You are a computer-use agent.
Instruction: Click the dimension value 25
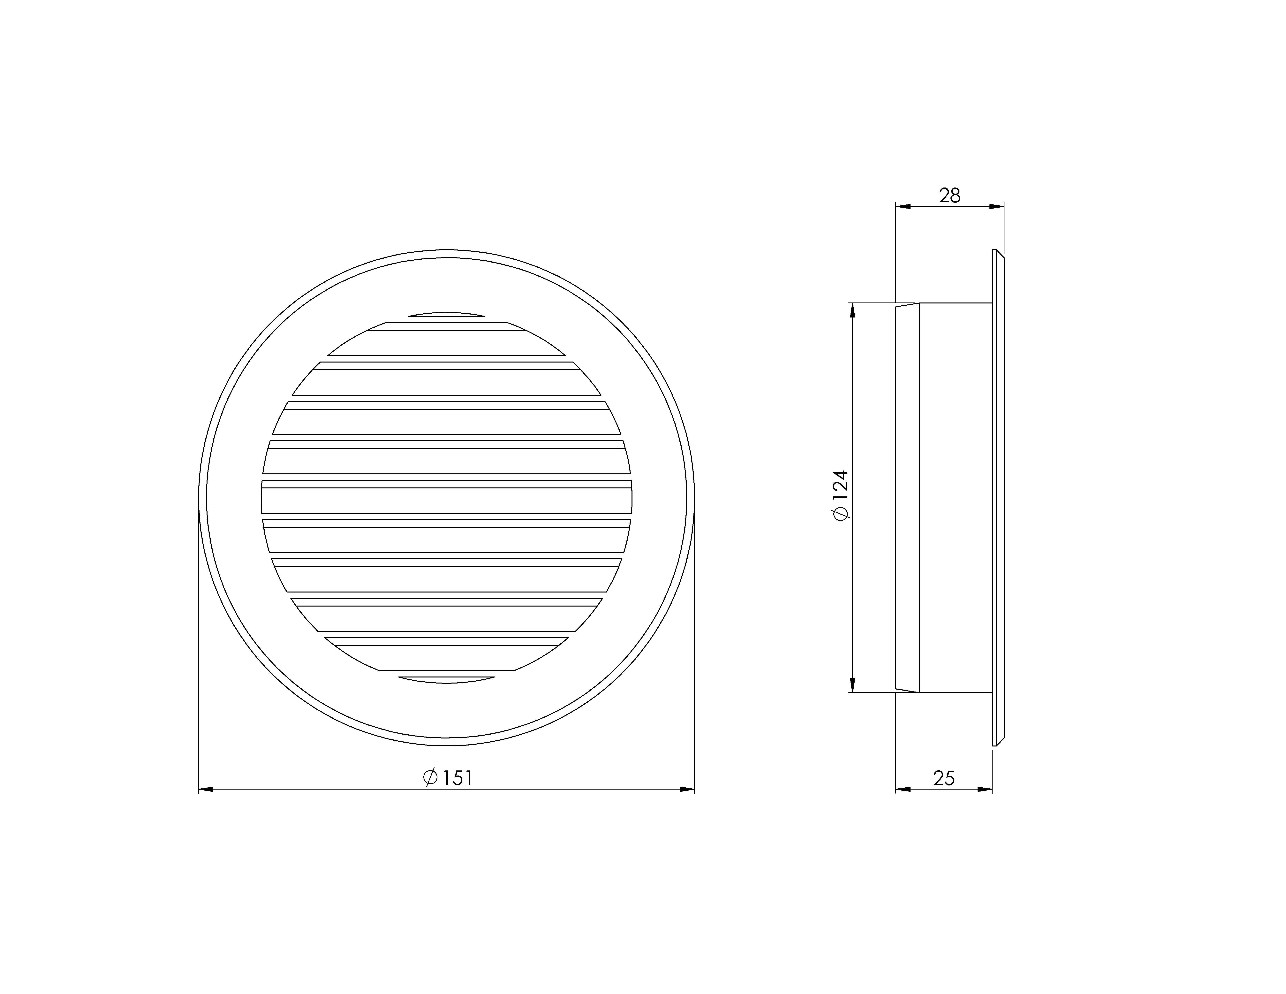coord(944,778)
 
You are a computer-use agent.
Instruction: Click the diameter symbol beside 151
coord(430,778)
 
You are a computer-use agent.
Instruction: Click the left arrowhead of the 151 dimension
coord(206,789)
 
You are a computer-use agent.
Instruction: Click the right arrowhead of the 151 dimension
coord(687,789)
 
